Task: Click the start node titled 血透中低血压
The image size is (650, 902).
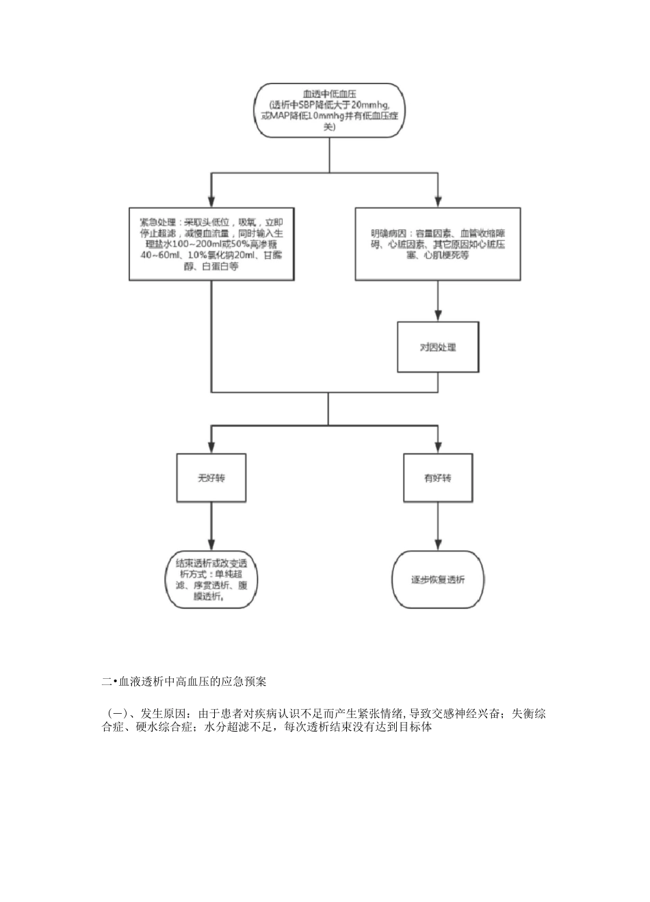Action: (329, 109)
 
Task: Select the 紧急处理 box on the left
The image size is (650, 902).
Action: (211, 244)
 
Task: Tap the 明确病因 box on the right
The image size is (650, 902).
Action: (438, 244)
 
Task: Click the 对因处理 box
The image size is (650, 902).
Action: (438, 348)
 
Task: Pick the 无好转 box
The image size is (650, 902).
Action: (211, 478)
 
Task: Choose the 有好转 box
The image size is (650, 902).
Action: (438, 478)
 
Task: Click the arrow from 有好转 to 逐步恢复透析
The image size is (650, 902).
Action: (438, 524)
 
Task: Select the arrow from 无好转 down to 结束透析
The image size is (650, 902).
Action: (211, 524)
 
